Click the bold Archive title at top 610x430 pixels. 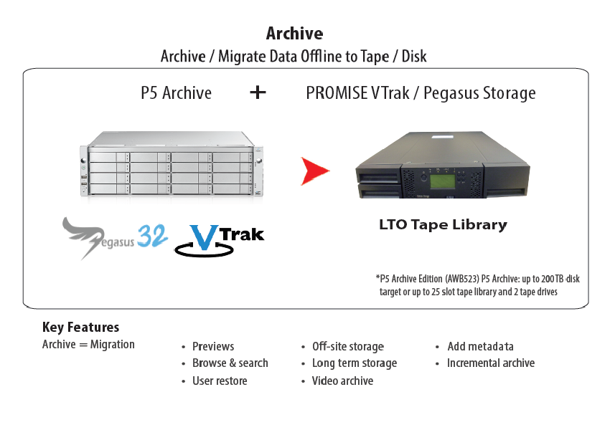[x=294, y=34]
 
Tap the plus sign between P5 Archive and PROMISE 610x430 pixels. [x=258, y=92]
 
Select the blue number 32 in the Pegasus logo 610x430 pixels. [x=152, y=236]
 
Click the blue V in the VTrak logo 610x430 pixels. [x=203, y=237]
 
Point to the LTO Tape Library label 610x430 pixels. [x=443, y=225]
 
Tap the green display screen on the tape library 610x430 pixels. [x=442, y=181]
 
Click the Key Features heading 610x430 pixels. [x=80, y=327]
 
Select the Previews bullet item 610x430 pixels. [x=213, y=346]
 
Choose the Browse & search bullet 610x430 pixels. [x=230, y=363]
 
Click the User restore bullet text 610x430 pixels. [x=220, y=381]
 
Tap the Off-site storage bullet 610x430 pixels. [x=348, y=346]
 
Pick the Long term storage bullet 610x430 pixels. [x=355, y=363]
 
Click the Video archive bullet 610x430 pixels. [x=342, y=381]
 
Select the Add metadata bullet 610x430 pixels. [x=480, y=346]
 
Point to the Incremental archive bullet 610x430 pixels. [x=491, y=363]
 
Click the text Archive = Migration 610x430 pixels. [x=88, y=344]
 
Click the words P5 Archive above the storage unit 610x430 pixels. [x=177, y=93]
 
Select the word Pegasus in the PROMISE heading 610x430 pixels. [x=451, y=94]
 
